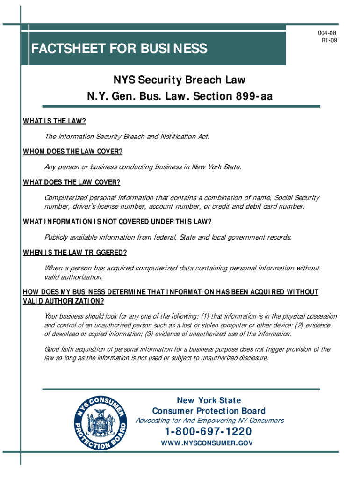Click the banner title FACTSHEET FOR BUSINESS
(119, 49)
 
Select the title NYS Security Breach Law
(180, 80)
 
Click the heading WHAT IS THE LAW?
(55, 121)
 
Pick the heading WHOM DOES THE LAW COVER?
(72, 152)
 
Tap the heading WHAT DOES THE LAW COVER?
(72, 182)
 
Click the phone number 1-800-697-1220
(209, 431)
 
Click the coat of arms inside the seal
(101, 419)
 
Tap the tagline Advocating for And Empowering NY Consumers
(209, 421)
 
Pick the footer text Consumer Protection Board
(209, 411)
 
